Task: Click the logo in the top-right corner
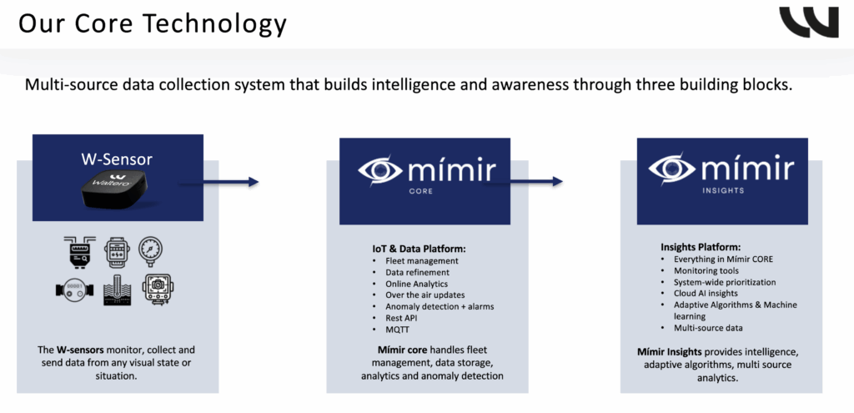pos(808,22)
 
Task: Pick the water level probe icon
pos(116,290)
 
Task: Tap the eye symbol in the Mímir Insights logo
pos(675,169)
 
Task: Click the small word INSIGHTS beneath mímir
pos(722,190)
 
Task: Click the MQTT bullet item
pos(398,329)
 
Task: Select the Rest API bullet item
pos(402,317)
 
